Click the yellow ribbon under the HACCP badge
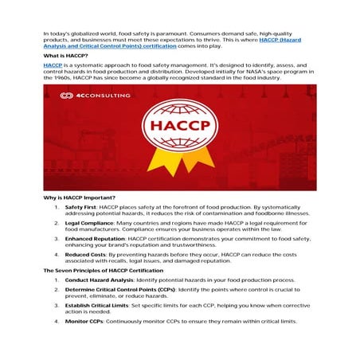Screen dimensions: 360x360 tap(178, 166)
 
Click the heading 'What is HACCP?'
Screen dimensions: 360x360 tap(67, 57)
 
